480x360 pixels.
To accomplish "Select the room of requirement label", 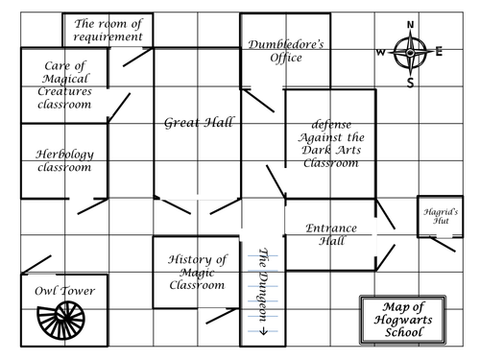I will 112,30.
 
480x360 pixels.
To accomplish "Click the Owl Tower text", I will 65,289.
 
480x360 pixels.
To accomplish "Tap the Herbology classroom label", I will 64,160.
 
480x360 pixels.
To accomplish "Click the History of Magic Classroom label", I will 197,272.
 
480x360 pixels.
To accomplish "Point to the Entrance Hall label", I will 330,233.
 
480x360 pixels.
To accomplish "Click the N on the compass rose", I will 410,25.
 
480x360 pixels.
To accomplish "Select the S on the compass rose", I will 411,83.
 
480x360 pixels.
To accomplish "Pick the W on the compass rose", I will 380,52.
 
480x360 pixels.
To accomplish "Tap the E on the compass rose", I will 439,52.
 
